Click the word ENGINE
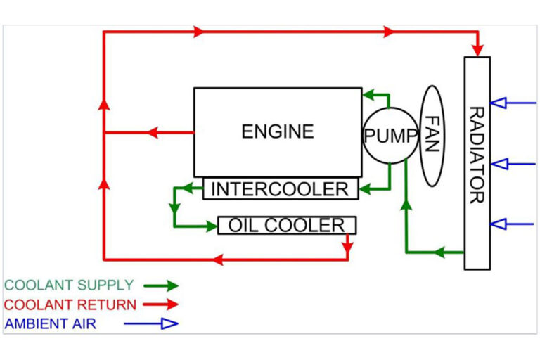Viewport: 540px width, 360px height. tap(278, 131)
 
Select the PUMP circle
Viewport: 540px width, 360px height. tap(390, 136)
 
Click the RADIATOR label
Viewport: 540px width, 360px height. tap(477, 155)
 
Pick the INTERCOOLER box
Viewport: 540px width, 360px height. tap(280, 189)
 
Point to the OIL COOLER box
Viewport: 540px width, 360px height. tap(287, 225)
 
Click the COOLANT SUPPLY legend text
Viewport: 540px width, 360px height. tap(69, 285)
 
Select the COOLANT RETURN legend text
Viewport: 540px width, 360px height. tap(69, 304)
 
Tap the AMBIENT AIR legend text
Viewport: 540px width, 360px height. tap(50, 324)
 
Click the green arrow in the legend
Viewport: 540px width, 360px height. tap(169, 285)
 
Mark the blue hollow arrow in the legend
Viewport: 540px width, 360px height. tap(169, 324)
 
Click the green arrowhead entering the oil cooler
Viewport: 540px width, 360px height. tap(210, 226)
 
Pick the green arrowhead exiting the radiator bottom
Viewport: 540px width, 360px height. tap(438, 252)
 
